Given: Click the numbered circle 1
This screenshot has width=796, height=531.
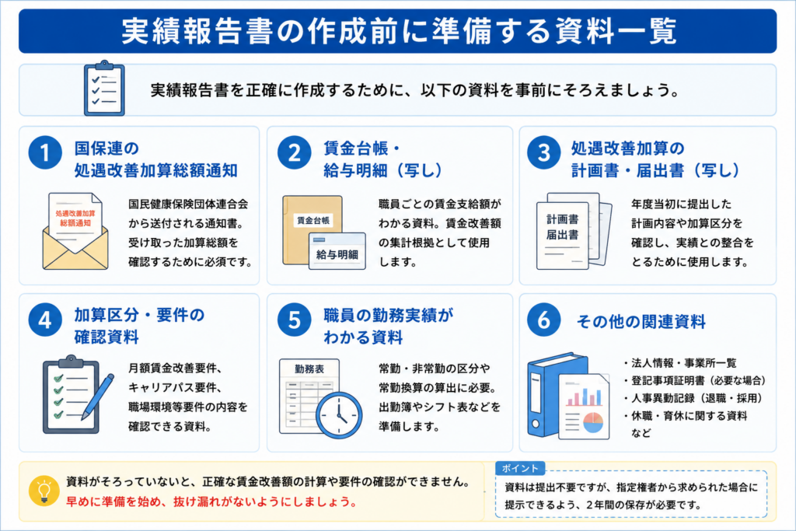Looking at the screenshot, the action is click(45, 153).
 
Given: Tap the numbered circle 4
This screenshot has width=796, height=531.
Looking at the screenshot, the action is click(45, 320).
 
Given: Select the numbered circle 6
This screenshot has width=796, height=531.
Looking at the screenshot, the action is click(543, 320).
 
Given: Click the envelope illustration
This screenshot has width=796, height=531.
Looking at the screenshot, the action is click(75, 231).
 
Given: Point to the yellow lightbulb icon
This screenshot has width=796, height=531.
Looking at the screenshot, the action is click(44, 491).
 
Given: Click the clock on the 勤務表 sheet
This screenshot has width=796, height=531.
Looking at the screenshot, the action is click(339, 414).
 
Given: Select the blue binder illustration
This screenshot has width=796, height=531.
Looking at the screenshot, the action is click(557, 395).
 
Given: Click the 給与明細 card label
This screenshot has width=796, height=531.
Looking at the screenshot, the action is click(337, 254).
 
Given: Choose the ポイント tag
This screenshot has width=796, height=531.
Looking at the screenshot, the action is click(520, 468).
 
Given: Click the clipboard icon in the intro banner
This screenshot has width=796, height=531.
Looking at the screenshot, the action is click(104, 89).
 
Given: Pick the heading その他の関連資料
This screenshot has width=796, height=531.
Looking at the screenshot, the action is click(641, 321).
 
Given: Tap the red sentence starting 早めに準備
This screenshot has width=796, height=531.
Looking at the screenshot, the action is click(211, 501).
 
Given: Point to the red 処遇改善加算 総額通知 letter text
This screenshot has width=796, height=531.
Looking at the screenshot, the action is click(75, 218).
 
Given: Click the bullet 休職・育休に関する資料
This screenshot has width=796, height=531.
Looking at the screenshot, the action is click(686, 416).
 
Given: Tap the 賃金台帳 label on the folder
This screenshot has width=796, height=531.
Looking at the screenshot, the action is click(312, 220).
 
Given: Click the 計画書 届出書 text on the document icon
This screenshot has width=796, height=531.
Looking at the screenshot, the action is click(563, 227).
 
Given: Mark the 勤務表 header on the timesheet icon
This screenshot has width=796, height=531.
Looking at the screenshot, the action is click(309, 369).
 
